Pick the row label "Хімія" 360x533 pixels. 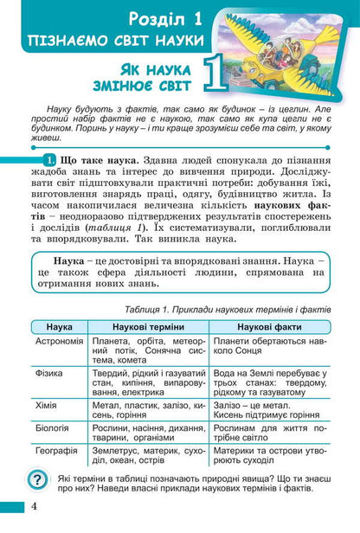click(47, 404)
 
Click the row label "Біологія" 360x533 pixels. click(53, 427)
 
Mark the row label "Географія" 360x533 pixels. click(55, 451)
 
